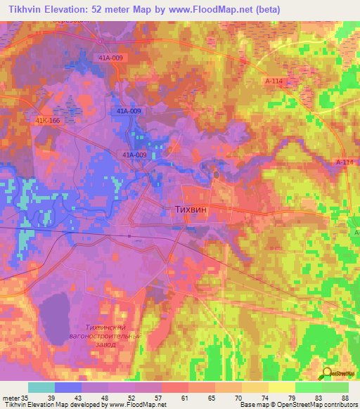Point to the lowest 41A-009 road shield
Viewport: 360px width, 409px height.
(x=134, y=155)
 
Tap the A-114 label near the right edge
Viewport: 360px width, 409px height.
(x=344, y=162)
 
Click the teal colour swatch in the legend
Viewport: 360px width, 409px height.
(x=41, y=387)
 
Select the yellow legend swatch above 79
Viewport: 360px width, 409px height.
(x=282, y=387)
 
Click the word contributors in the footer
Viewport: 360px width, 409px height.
(x=335, y=405)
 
